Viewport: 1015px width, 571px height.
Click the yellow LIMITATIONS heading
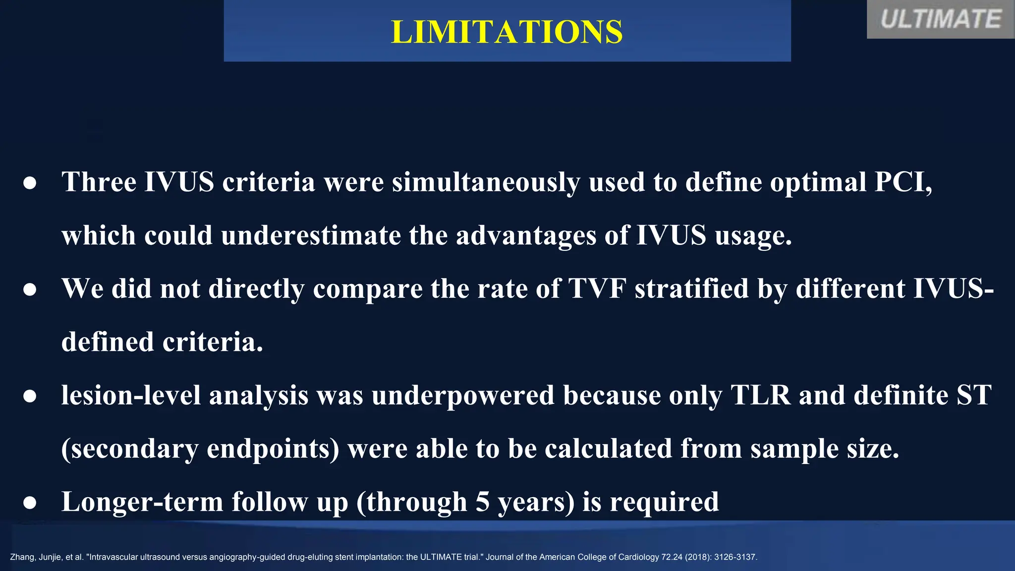(507, 32)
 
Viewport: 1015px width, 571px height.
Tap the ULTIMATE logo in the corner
(940, 20)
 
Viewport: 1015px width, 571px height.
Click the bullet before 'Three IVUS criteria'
(30, 183)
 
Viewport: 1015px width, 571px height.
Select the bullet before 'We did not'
(30, 289)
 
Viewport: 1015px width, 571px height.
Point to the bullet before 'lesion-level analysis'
(30, 396)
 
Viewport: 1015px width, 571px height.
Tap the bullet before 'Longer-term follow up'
(30, 503)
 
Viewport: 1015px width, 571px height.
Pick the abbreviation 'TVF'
(597, 288)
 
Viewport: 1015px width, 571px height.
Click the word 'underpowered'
(463, 396)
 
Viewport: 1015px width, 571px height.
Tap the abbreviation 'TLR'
(760, 395)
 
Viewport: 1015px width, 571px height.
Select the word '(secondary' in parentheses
(129, 449)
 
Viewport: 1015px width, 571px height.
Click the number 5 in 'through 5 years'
(482, 502)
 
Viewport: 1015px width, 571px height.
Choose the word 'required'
(664, 502)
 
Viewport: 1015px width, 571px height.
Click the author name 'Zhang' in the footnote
(21, 557)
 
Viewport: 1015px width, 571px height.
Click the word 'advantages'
(526, 235)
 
